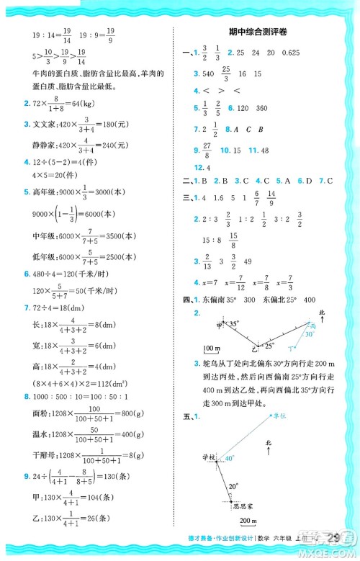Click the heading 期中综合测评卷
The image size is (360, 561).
coord(264,33)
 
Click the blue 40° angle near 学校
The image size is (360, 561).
coord(229,459)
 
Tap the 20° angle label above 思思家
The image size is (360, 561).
coord(232,486)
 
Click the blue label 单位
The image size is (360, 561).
coord(300,416)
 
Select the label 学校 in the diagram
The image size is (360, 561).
coord(209,457)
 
